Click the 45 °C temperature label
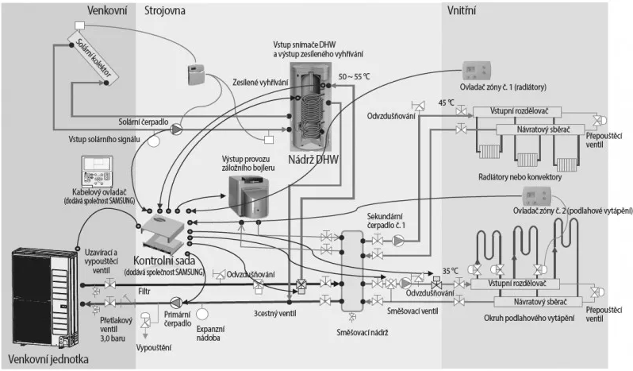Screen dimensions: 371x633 point(447,103)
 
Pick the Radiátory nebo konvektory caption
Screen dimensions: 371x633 point(520,176)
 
